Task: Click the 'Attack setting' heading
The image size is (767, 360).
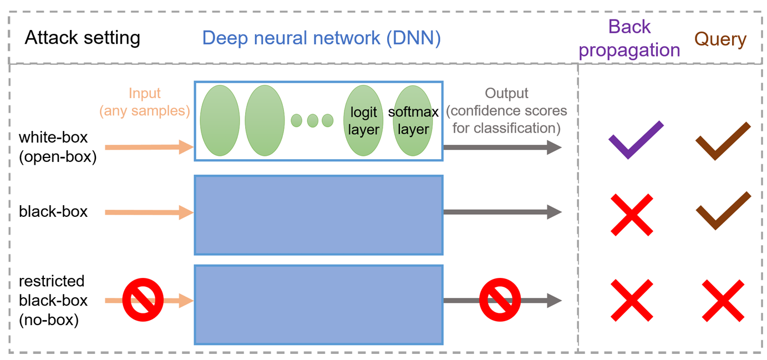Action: coord(83,38)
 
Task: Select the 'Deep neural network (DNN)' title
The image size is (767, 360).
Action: coord(321,38)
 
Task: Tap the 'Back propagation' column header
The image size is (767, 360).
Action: coord(629,38)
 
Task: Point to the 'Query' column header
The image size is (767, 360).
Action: coord(720,39)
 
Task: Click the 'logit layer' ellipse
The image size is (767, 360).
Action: coord(363,120)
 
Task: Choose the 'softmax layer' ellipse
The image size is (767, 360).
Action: coord(413,120)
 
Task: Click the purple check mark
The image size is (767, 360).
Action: coord(636,140)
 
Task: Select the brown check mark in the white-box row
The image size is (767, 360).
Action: coord(723,141)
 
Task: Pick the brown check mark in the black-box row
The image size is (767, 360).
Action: coord(724,211)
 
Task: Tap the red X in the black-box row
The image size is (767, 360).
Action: coord(632,215)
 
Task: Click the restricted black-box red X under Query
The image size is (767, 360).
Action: coord(723,301)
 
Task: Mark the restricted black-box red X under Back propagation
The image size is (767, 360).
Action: coord(632,301)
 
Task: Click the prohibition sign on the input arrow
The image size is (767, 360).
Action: coord(143,300)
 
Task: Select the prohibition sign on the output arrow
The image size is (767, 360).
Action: coord(500,300)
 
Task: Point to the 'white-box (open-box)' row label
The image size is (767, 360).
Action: coord(58,147)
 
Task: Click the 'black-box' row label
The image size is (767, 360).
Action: coord(53,211)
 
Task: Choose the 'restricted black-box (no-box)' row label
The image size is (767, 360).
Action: coord(53,301)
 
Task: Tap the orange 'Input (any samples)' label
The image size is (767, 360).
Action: coord(145,102)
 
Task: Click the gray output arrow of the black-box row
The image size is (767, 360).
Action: coord(502,212)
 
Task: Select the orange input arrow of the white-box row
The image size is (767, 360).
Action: coord(149,148)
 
